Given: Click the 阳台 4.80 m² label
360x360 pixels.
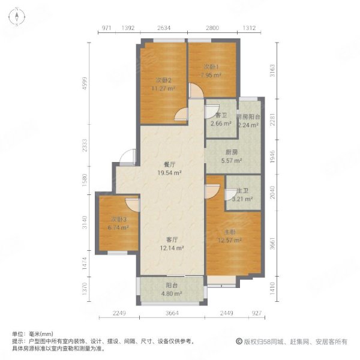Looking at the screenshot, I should pos(172,290).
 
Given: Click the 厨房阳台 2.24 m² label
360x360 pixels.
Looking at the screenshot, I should pos(247,121).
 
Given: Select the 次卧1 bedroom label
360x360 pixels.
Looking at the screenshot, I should pos(212,71).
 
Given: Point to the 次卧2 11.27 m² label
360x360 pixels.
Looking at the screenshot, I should pos(163,84).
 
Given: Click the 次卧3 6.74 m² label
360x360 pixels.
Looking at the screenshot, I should pos(118,224).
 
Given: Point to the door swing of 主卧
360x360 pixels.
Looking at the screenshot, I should pos(211,191).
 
